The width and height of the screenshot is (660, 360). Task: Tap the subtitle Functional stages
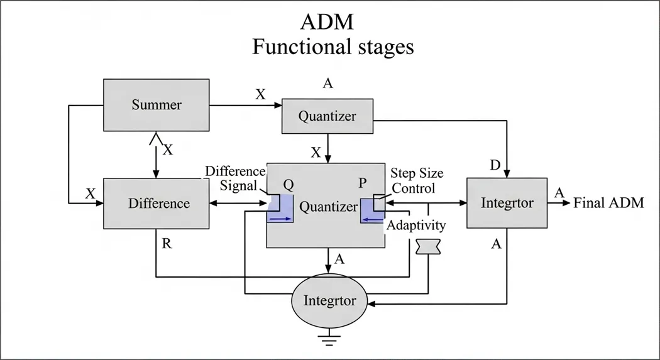pyautogui.click(x=333, y=47)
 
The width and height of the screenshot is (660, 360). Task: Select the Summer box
pyautogui.click(x=156, y=104)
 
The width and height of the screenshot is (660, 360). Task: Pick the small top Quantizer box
pyautogui.click(x=327, y=116)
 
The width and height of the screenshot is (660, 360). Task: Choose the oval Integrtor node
pyautogui.click(x=329, y=300)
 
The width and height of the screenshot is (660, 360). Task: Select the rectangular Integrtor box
pyautogui.click(x=507, y=203)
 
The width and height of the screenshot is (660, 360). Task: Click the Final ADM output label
pyautogui.click(x=608, y=203)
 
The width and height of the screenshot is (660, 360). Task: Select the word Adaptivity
pyautogui.click(x=416, y=225)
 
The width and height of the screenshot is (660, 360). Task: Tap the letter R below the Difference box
pyautogui.click(x=167, y=244)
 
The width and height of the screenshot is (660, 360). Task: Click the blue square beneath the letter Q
pyautogui.click(x=280, y=209)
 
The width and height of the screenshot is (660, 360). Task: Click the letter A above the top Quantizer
pyautogui.click(x=327, y=83)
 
